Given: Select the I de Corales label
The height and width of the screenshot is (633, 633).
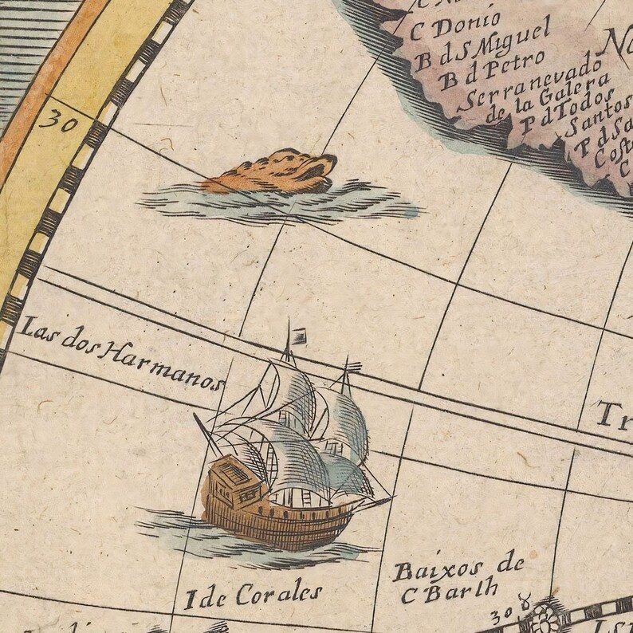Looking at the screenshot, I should (254, 595).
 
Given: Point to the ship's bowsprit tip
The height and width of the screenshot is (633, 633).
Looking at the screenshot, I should (391, 499).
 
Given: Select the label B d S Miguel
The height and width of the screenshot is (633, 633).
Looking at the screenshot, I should (483, 47).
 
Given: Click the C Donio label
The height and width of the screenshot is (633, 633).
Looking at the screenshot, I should (454, 25).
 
